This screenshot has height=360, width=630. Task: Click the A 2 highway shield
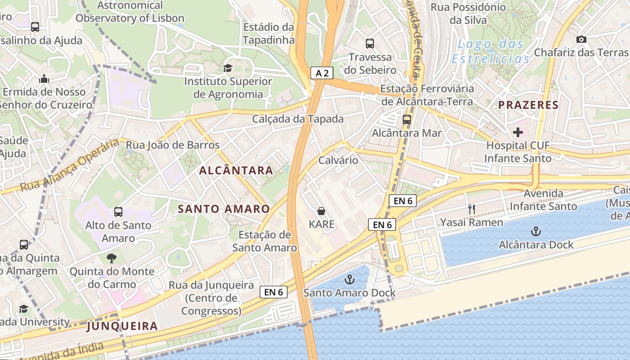pos(322,73)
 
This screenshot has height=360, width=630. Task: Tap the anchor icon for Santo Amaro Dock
pos(349,279)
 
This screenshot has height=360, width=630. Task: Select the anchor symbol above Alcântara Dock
pos(535,232)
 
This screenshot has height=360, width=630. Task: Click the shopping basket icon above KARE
pos(321,211)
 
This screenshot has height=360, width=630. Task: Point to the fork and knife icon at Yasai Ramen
pos(472,209)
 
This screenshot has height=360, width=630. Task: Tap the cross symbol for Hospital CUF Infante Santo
pos(518,132)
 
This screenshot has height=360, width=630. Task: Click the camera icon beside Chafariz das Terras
pos(581,40)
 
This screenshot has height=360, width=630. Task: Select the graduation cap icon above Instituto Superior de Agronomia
pos(228,68)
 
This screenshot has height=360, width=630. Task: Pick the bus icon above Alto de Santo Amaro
pos(118,212)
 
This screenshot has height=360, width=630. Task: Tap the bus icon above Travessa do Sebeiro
pos(370,44)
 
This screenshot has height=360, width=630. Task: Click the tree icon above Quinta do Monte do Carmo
pos(112,258)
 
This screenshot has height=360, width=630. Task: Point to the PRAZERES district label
pos(528,105)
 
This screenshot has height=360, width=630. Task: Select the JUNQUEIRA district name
pos(122,326)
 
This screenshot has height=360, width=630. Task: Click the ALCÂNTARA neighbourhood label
pos(236,171)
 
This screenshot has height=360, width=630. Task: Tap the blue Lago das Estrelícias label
pos(490,51)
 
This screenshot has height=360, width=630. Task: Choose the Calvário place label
pos(338,160)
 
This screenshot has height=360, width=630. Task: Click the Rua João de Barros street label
pos(173,145)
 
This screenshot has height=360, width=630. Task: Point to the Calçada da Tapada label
pos(298,119)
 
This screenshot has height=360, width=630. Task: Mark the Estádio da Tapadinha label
pos(269,33)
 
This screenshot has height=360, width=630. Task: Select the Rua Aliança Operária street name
pos(70,165)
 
